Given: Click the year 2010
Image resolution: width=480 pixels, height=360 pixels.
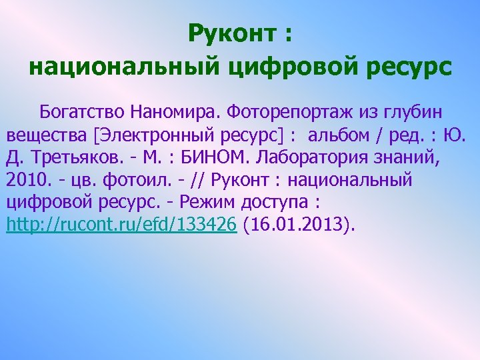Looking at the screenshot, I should click(x=25, y=180).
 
